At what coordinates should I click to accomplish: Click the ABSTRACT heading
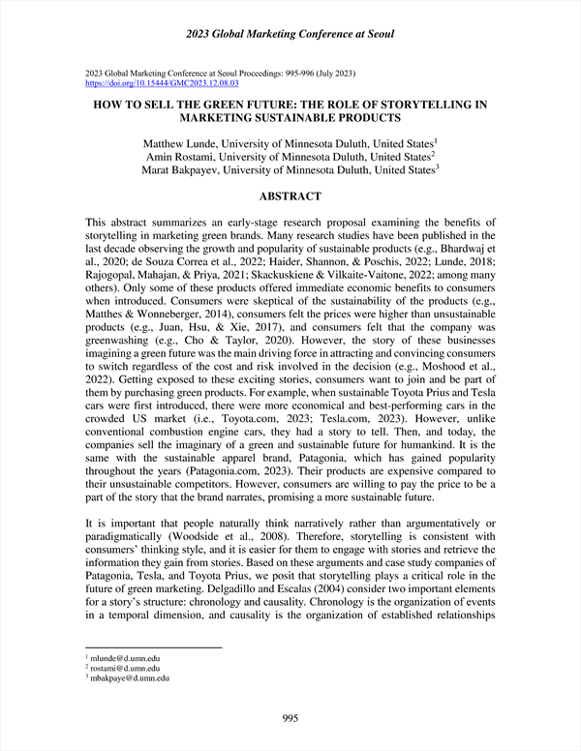click(290, 195)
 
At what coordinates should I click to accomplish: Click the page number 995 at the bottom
click(290, 717)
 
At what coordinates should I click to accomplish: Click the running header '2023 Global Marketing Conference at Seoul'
click(290, 36)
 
